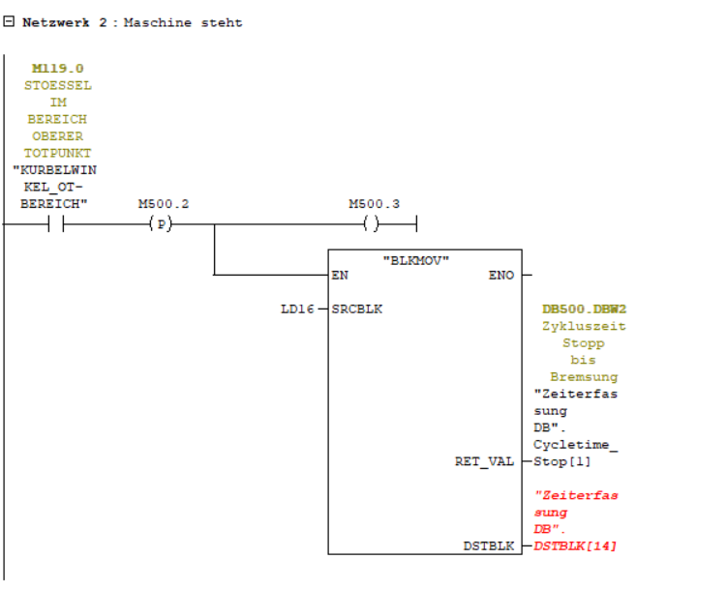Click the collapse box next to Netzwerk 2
(10, 22)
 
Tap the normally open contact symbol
(56, 224)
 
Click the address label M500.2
(163, 204)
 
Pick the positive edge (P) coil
(162, 224)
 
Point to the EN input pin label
(340, 276)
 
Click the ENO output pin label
(502, 276)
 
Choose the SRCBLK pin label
(356, 309)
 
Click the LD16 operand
(294, 309)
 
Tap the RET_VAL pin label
(484, 461)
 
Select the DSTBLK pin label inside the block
(489, 546)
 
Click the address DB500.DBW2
(584, 309)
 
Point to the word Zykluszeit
(584, 326)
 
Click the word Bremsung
(584, 377)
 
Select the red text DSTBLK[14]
(575, 546)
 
